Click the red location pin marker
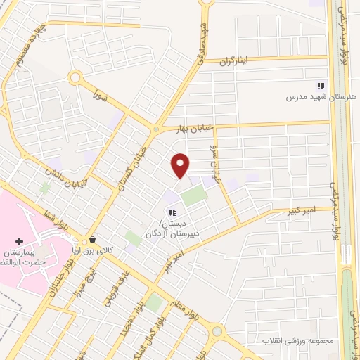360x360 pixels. coord(181,165)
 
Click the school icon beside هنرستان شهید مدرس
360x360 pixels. coord(321,85)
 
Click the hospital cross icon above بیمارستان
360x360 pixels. coord(19,241)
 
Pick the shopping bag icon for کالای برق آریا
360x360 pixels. coord(93,240)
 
